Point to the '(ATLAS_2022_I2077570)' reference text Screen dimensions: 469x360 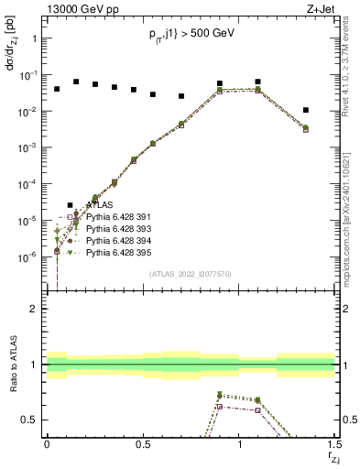(x=191, y=273)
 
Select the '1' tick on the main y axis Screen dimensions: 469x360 (x=33, y=38)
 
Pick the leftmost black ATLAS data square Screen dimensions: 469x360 (x=57, y=89)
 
